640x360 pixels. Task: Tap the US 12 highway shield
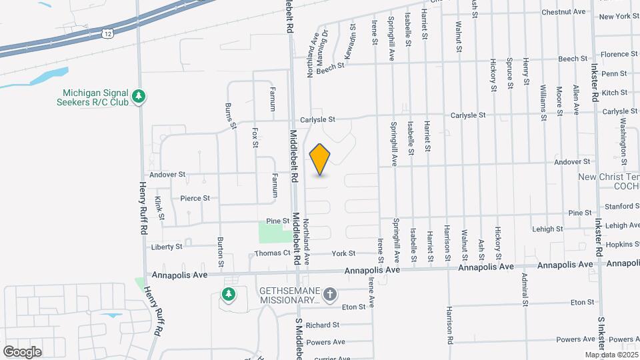click(x=107, y=32)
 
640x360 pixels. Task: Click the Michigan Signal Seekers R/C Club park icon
click(x=139, y=97)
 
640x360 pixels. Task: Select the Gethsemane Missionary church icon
click(x=329, y=294)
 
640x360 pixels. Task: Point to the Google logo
click(x=23, y=351)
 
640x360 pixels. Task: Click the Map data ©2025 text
click(x=611, y=354)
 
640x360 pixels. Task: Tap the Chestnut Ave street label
click(x=563, y=12)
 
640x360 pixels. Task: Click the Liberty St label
click(x=167, y=247)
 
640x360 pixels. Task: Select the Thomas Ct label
click(x=273, y=253)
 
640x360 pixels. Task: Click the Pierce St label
click(x=195, y=198)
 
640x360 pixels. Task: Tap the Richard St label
click(x=323, y=325)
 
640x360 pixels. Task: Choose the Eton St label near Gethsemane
click(x=353, y=307)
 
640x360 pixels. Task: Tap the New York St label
click(x=619, y=16)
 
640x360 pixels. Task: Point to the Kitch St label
click(x=614, y=93)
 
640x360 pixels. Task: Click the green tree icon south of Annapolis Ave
click(x=229, y=295)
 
